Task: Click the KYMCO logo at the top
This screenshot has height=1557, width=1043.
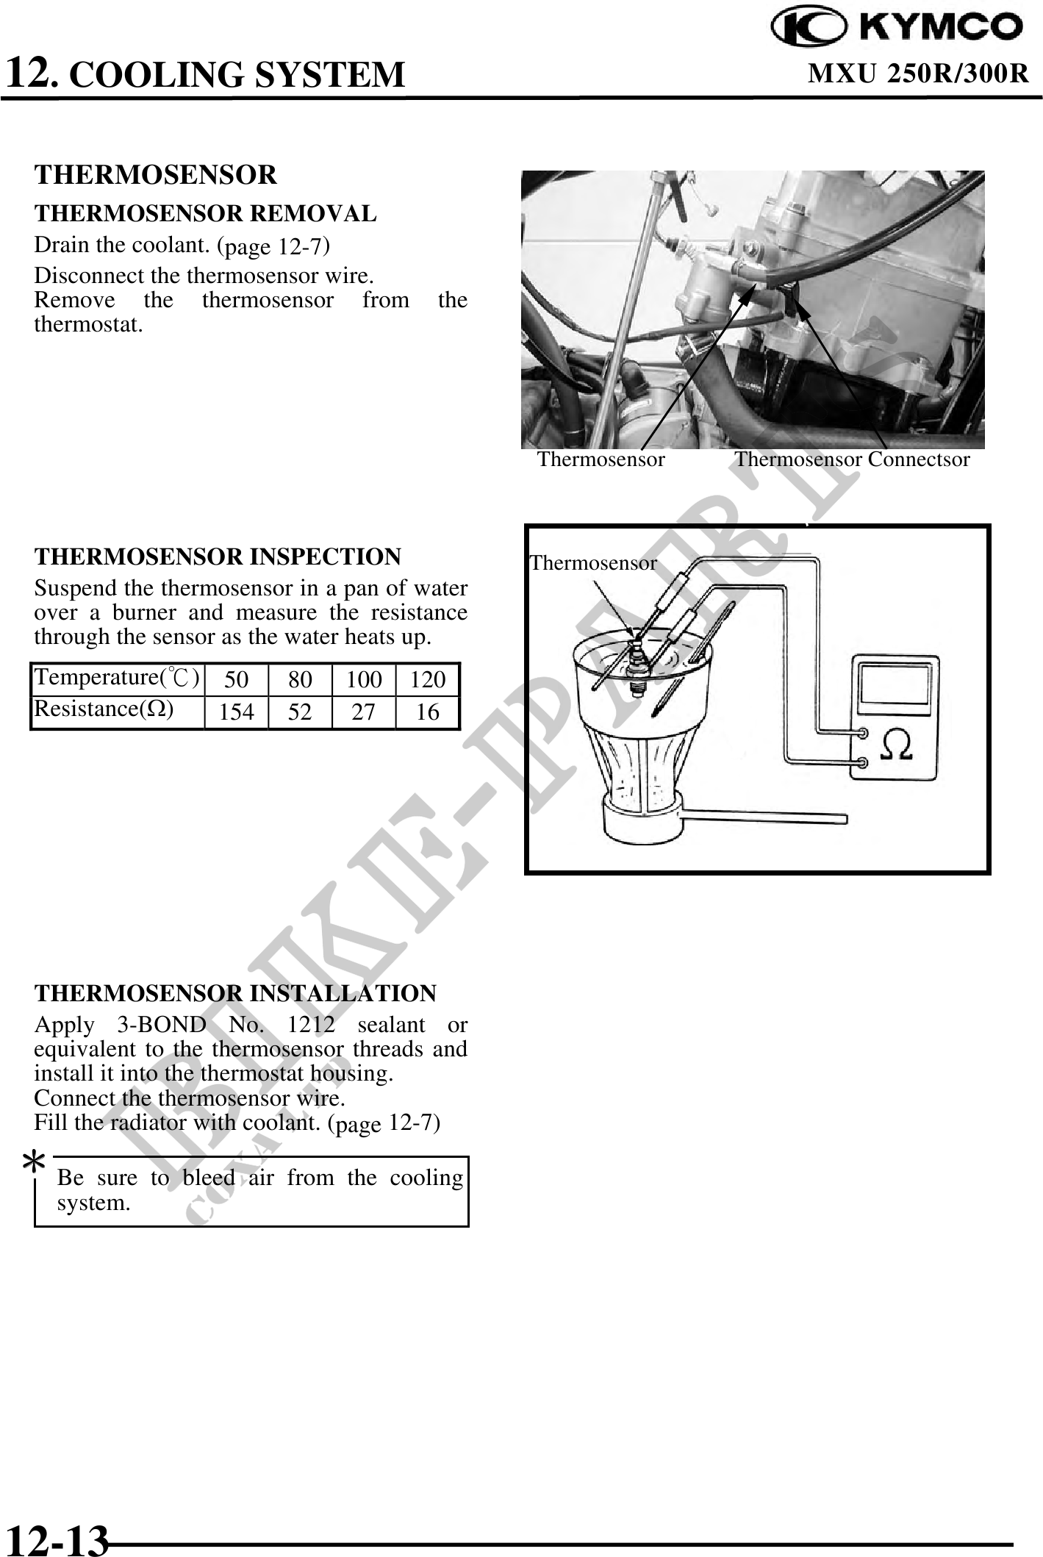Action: click(x=896, y=28)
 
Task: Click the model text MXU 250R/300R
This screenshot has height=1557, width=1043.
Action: click(x=918, y=74)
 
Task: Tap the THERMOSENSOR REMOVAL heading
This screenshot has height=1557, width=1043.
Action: click(x=205, y=214)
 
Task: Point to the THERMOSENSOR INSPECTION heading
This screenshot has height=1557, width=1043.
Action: click(x=218, y=556)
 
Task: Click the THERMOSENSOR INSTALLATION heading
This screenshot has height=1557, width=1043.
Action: click(x=235, y=993)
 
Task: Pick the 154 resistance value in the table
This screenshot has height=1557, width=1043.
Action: click(x=237, y=712)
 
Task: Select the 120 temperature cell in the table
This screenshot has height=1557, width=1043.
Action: click(x=428, y=679)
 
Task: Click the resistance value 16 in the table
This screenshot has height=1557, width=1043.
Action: click(x=428, y=712)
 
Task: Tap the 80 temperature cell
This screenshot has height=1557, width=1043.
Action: click(x=300, y=679)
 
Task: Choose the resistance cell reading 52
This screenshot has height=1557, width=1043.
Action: click(x=300, y=712)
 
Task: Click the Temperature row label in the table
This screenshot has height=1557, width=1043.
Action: click(x=117, y=677)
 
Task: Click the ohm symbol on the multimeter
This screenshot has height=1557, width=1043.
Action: click(x=897, y=745)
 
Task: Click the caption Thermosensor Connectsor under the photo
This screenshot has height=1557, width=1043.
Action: click(x=853, y=459)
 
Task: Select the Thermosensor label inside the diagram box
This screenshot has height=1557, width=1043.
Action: click(x=593, y=563)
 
